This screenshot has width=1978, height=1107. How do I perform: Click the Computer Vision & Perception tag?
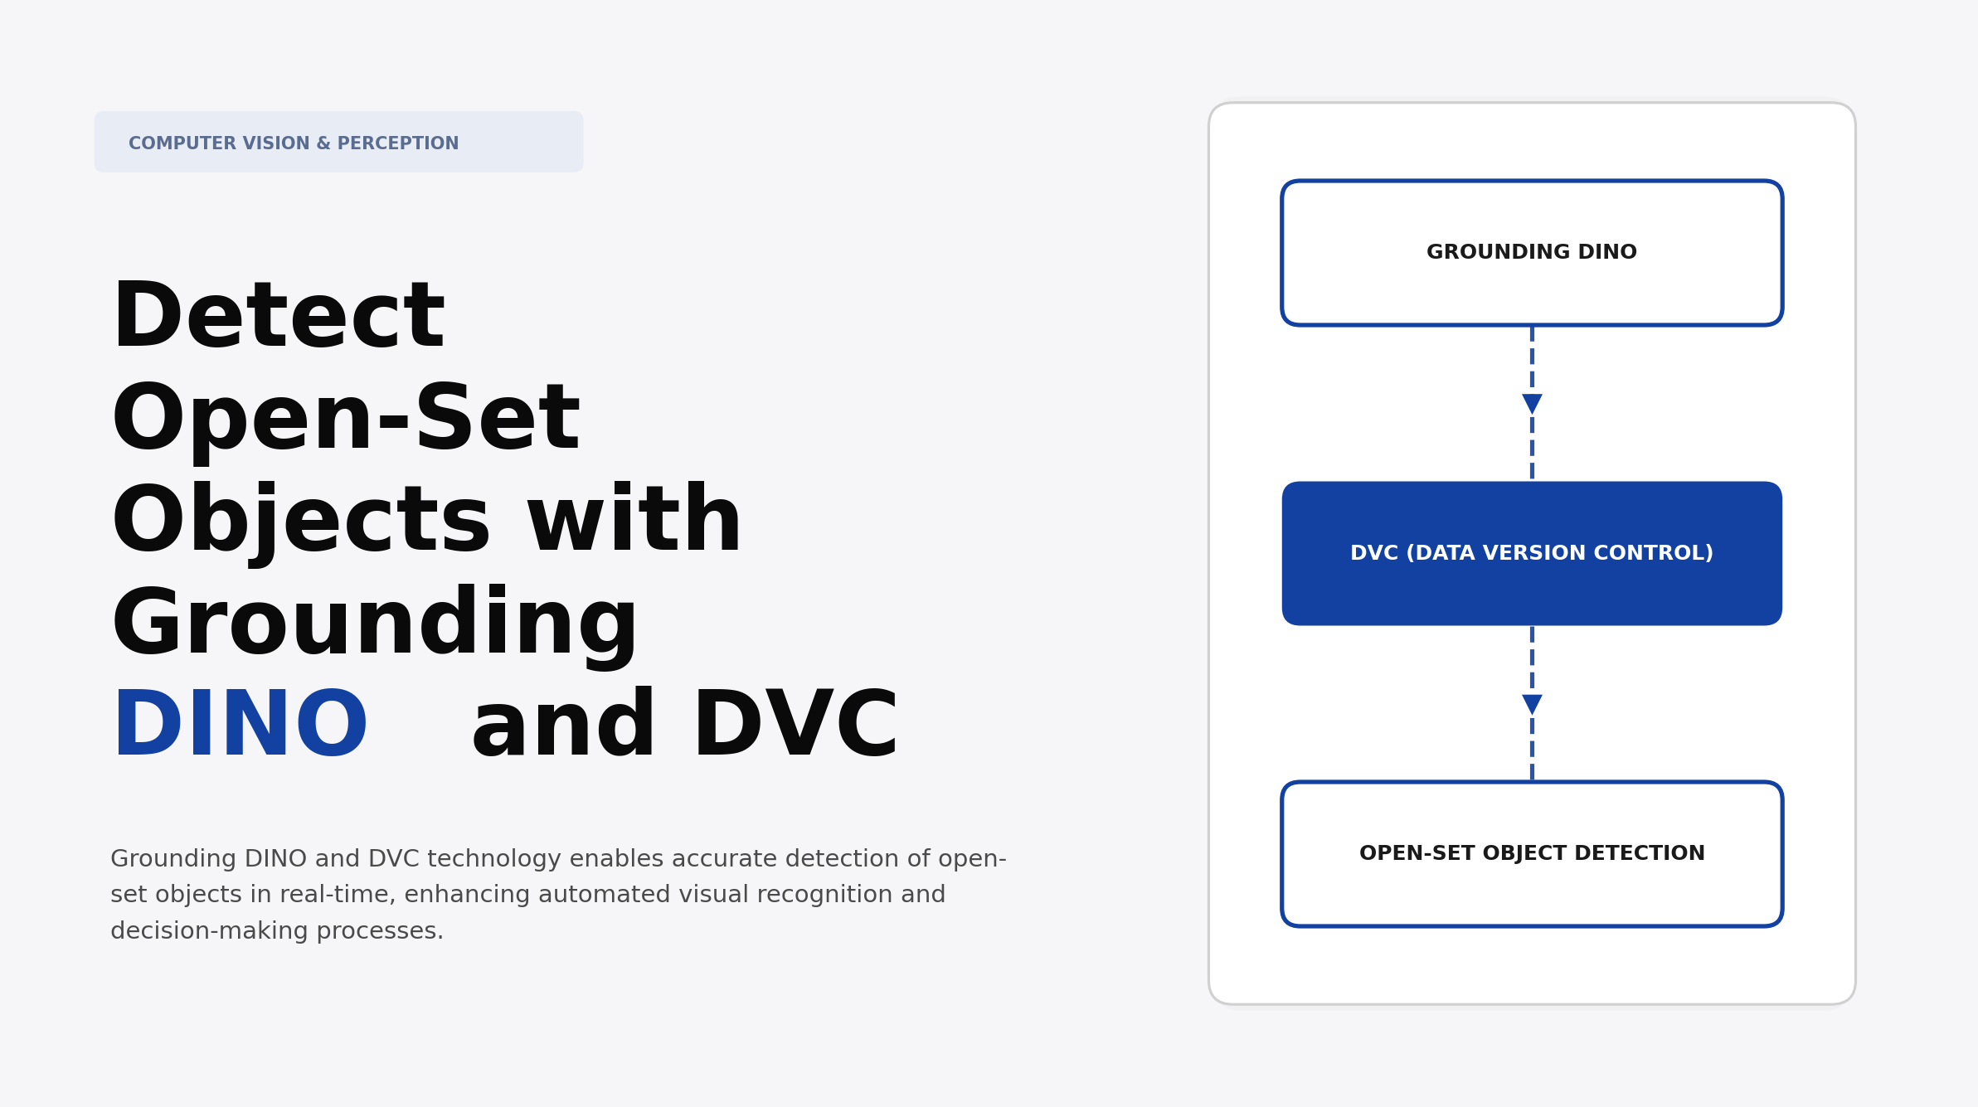click(x=338, y=143)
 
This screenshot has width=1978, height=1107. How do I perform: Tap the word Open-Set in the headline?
click(x=346, y=419)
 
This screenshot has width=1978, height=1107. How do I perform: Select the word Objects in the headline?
click(x=301, y=521)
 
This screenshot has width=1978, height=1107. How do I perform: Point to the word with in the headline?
click(x=634, y=521)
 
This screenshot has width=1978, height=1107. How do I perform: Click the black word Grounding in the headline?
click(x=375, y=623)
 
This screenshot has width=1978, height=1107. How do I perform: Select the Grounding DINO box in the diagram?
click(x=1532, y=252)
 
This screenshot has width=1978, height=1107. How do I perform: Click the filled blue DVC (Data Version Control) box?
click(x=1532, y=553)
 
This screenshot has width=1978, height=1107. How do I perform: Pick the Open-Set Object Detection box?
click(x=1532, y=853)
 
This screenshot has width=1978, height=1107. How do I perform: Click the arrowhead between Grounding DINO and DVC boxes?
click(x=1532, y=404)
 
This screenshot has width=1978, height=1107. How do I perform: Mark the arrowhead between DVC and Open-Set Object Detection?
click(x=1532, y=705)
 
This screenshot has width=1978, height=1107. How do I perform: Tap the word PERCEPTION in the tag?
click(x=398, y=143)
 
